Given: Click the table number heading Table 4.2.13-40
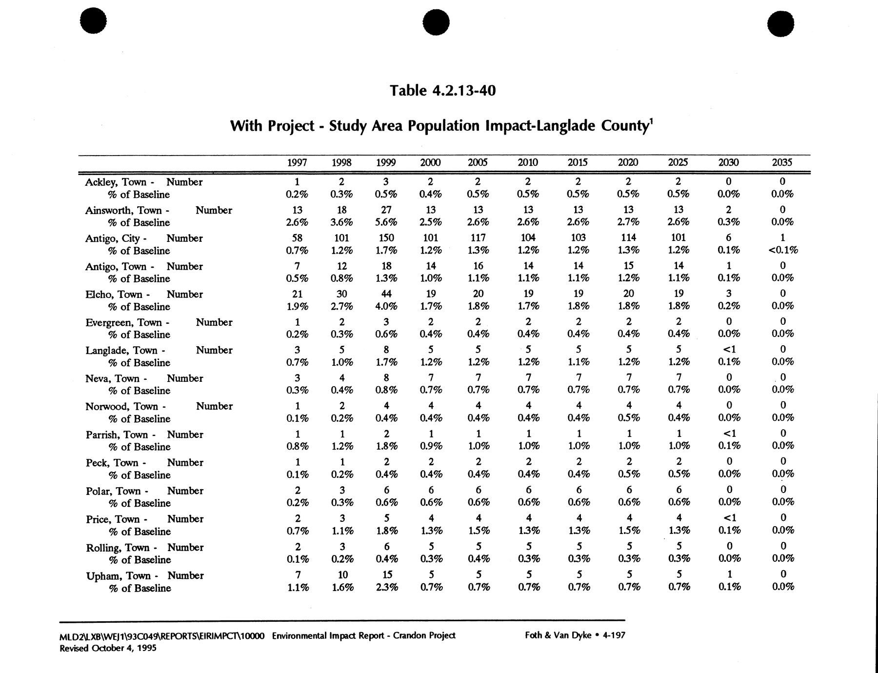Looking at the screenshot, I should pos(442,91).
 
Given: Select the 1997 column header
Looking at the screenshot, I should pos(297,162).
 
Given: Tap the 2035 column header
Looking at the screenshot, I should pos(782,162).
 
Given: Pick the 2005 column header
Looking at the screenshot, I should pos(478,162).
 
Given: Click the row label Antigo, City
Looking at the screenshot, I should pos(113,238).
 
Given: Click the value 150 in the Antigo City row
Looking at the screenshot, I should pos(386,238).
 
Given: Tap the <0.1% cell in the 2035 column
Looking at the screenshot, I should pos(782,250).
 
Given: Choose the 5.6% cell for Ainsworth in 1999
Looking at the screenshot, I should pos(386,222).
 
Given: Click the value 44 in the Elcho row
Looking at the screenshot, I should pos(386,294).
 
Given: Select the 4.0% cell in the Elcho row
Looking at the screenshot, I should pos(386,306).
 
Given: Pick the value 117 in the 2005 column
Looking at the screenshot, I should pos(478,238).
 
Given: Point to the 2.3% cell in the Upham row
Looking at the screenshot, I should pos(387,588).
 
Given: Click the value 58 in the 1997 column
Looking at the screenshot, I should pos(297,238).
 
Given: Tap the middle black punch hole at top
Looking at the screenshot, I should pos(436,22).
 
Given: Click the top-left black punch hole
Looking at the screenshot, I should pos(93,22).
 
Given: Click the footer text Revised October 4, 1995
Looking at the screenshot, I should pos(108,649).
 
